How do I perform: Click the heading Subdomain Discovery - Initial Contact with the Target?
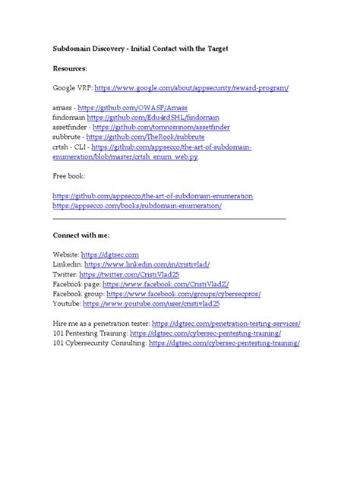click(x=141, y=49)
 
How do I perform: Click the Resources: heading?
click(x=75, y=68)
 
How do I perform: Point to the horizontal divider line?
click(x=169, y=219)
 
